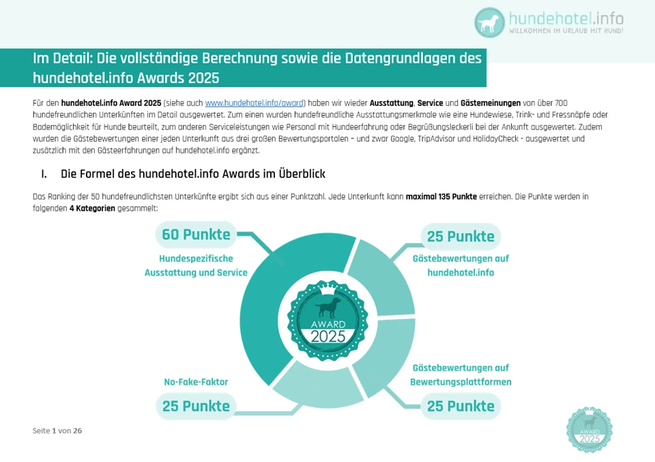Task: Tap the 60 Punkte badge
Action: [196, 235]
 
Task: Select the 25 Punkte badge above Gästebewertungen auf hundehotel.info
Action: [461, 237]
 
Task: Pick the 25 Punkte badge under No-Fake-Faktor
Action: [196, 406]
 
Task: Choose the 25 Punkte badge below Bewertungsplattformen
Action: [461, 406]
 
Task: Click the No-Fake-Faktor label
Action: [196, 382]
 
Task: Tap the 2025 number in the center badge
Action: [328, 336]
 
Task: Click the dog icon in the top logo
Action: [491, 23]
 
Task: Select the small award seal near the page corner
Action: [589, 429]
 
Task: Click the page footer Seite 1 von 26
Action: [57, 431]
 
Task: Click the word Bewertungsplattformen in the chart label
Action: [461, 382]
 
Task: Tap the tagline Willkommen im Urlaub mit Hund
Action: [566, 31]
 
